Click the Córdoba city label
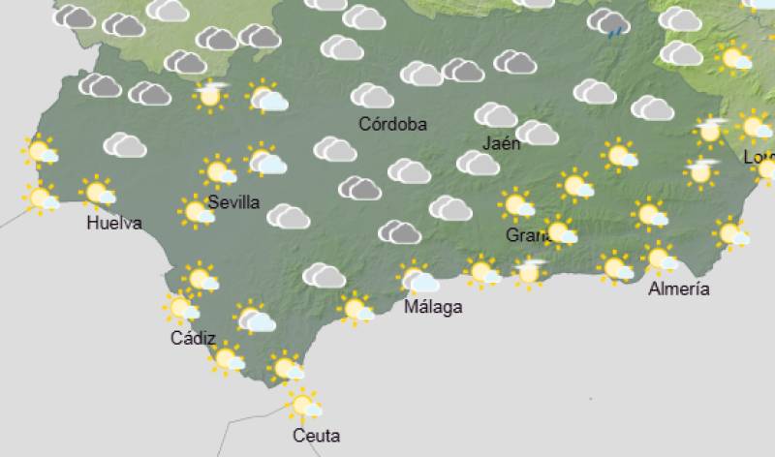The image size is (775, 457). pyautogui.click(x=392, y=124)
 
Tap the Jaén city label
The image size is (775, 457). pyautogui.click(x=501, y=143)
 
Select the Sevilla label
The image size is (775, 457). pyautogui.click(x=233, y=202)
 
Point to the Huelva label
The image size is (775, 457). pyautogui.click(x=113, y=223)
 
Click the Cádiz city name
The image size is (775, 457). pyautogui.click(x=192, y=338)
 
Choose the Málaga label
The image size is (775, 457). pyautogui.click(x=433, y=307)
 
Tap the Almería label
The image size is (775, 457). pyautogui.click(x=678, y=289)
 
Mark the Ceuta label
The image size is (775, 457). pyautogui.click(x=316, y=436)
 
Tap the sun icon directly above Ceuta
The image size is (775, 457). pyautogui.click(x=304, y=404)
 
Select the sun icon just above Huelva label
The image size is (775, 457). pyautogui.click(x=99, y=193)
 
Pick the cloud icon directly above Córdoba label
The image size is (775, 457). pyautogui.click(x=372, y=95)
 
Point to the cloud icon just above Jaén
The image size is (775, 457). pyautogui.click(x=495, y=114)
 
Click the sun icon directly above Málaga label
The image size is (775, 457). pyautogui.click(x=418, y=280)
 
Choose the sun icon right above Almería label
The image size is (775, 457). pyautogui.click(x=662, y=259)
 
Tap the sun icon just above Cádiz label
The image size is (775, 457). pyautogui.click(x=180, y=308)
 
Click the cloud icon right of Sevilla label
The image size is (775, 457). pyautogui.click(x=288, y=216)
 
